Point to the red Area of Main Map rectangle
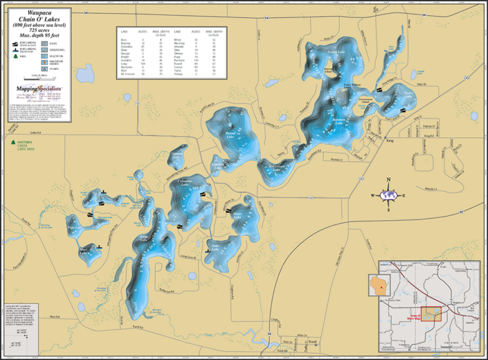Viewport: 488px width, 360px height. [x=433, y=314]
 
